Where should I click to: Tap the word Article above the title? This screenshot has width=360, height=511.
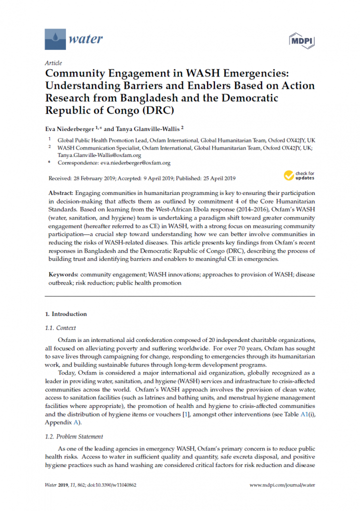click(53, 63)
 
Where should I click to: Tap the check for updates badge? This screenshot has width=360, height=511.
click(299, 175)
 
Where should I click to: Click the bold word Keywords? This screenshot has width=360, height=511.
click(63, 275)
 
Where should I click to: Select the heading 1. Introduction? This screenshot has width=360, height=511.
click(66, 314)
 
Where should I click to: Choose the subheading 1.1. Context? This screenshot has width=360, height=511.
click(60, 328)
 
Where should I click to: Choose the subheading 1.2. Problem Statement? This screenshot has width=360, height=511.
click(74, 436)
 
